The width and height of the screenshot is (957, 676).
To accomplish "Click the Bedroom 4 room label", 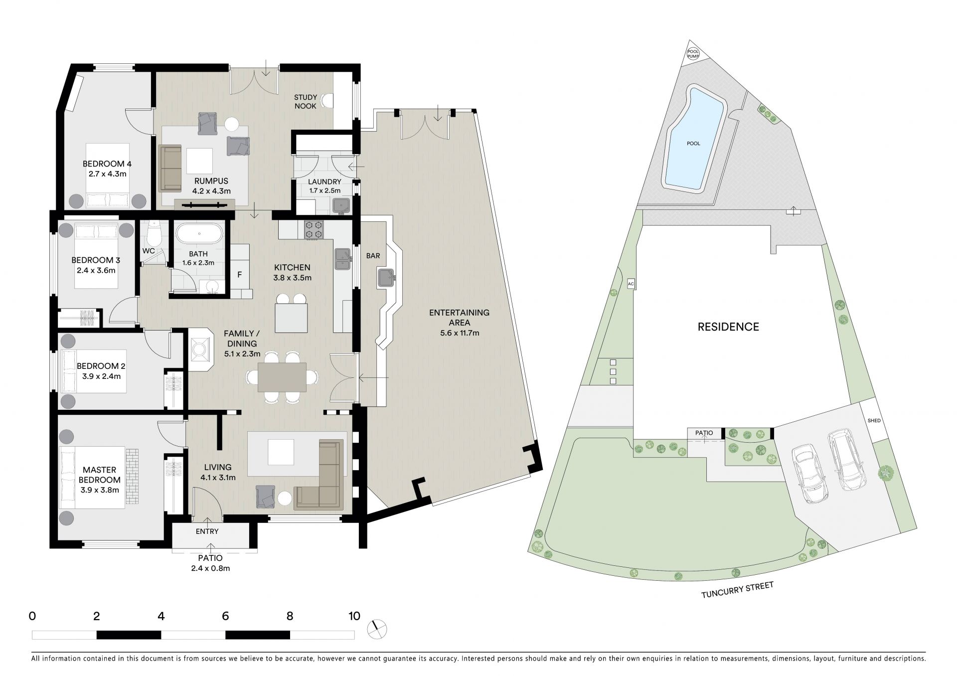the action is [x=107, y=164].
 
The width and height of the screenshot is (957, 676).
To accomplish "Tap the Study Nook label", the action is [x=305, y=102].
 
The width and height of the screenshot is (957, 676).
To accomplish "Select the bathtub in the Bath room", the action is [x=199, y=234].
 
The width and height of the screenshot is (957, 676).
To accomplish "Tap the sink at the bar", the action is [x=387, y=277].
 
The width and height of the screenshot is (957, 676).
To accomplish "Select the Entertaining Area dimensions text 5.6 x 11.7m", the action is [x=459, y=333].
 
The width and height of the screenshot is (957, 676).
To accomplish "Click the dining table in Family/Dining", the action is [x=282, y=377].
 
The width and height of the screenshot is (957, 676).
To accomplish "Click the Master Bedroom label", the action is [x=99, y=475].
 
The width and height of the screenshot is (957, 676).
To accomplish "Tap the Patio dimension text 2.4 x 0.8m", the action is [x=210, y=568].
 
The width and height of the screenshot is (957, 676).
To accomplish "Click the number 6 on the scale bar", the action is [x=225, y=616].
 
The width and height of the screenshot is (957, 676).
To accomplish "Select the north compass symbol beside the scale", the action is [x=376, y=629].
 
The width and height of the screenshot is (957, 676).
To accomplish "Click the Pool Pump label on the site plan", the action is [x=693, y=53].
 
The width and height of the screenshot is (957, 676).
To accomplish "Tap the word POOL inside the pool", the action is [x=693, y=144].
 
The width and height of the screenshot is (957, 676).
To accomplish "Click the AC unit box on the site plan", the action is [x=631, y=284].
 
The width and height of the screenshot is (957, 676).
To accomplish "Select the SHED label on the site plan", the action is [x=874, y=420].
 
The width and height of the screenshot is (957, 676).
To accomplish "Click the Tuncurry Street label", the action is [x=737, y=590].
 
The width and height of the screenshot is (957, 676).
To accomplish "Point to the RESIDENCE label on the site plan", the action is [x=728, y=327].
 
